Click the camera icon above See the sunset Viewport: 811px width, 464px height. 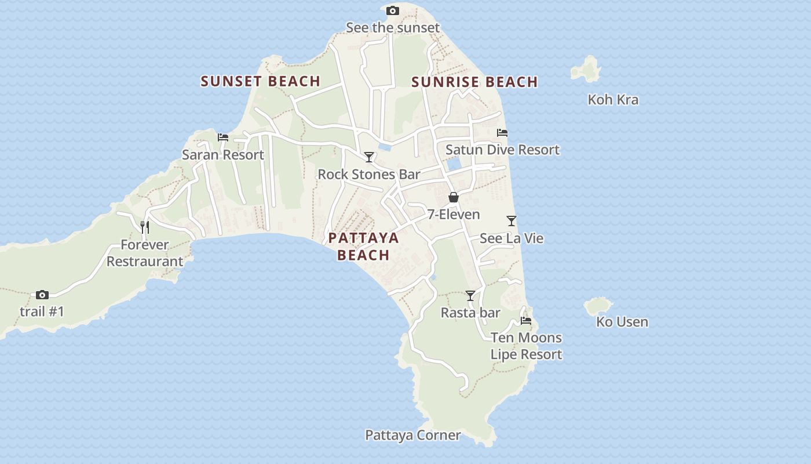coord(393,11)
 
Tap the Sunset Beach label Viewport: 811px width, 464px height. coord(261,81)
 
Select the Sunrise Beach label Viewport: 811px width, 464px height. coord(474,82)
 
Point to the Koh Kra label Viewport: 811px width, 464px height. coord(613,100)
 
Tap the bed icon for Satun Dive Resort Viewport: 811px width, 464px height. coord(502,133)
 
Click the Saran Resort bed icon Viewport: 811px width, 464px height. coord(223,137)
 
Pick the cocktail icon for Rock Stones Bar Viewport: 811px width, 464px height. coord(369,157)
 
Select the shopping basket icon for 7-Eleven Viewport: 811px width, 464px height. coord(454,197)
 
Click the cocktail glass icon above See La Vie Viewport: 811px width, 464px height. coord(512,221)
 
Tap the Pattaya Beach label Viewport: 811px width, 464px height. coord(364,246)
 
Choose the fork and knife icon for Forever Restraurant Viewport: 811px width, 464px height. coord(145,227)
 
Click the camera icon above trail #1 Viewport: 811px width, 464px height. coord(42,295)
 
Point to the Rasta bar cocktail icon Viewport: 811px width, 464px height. coord(470,296)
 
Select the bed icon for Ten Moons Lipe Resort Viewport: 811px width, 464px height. coord(526,321)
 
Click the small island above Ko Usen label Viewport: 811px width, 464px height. coord(598,306)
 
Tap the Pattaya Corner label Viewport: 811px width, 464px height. coord(413,435)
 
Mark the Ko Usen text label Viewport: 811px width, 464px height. coord(622,322)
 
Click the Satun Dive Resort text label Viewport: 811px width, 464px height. coord(502,150)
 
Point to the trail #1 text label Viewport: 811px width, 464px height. coord(42,311)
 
